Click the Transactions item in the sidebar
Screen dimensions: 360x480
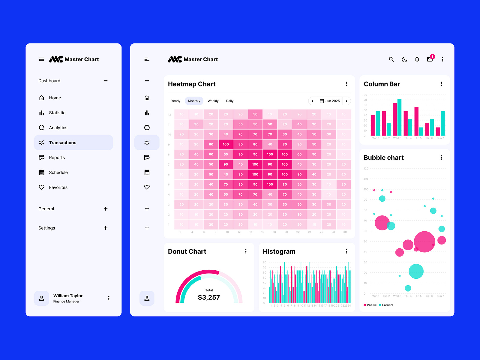[63, 142]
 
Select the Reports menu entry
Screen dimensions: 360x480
[57, 157]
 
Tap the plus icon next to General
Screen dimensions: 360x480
[106, 209]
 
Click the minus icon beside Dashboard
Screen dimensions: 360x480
[106, 81]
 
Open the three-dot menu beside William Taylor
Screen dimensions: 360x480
[109, 298]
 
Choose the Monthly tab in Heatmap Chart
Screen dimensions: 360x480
[194, 101]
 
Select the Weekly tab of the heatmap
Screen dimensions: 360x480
[213, 101]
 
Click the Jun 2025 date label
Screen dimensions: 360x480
[330, 101]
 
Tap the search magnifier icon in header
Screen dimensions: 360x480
[391, 59]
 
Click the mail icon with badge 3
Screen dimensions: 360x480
[430, 59]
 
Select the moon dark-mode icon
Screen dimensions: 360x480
[404, 59]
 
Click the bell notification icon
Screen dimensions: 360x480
[417, 59]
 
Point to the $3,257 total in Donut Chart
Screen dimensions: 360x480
[209, 297]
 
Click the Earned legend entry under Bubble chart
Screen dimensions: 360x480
[387, 305]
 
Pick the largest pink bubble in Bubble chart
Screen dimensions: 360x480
[424, 242]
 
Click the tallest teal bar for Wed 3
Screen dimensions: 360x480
[399, 117]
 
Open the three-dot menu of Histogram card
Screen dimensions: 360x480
[346, 251]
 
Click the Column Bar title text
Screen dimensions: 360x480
[382, 84]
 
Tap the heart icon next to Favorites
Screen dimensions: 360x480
[42, 187]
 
